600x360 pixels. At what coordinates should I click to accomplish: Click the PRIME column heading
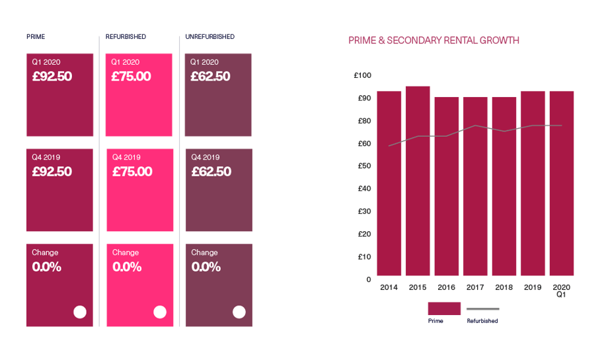(36, 36)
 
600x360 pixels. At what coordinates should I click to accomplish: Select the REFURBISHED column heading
(126, 36)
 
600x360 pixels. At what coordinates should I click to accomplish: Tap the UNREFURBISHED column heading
(210, 36)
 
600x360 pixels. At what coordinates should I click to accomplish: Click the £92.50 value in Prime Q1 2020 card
(52, 77)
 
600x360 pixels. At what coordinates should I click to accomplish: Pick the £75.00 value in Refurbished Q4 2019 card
(132, 172)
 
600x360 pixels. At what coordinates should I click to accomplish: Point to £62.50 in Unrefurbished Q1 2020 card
(211, 77)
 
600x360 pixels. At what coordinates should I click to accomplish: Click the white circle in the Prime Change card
(80, 312)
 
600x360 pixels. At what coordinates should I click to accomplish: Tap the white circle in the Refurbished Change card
(160, 312)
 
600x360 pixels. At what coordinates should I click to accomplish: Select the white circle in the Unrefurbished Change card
(239, 312)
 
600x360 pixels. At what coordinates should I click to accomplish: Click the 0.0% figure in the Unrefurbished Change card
(206, 268)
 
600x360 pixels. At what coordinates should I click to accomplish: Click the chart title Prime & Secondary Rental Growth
(433, 41)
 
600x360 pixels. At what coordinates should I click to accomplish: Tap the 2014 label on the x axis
(389, 287)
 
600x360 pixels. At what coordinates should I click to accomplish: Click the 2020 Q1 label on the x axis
(562, 291)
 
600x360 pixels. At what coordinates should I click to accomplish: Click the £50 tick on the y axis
(363, 166)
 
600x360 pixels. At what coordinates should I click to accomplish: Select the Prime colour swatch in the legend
(444, 308)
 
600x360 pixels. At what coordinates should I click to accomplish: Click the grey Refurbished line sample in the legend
(482, 308)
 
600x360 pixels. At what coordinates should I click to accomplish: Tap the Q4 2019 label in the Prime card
(46, 157)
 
